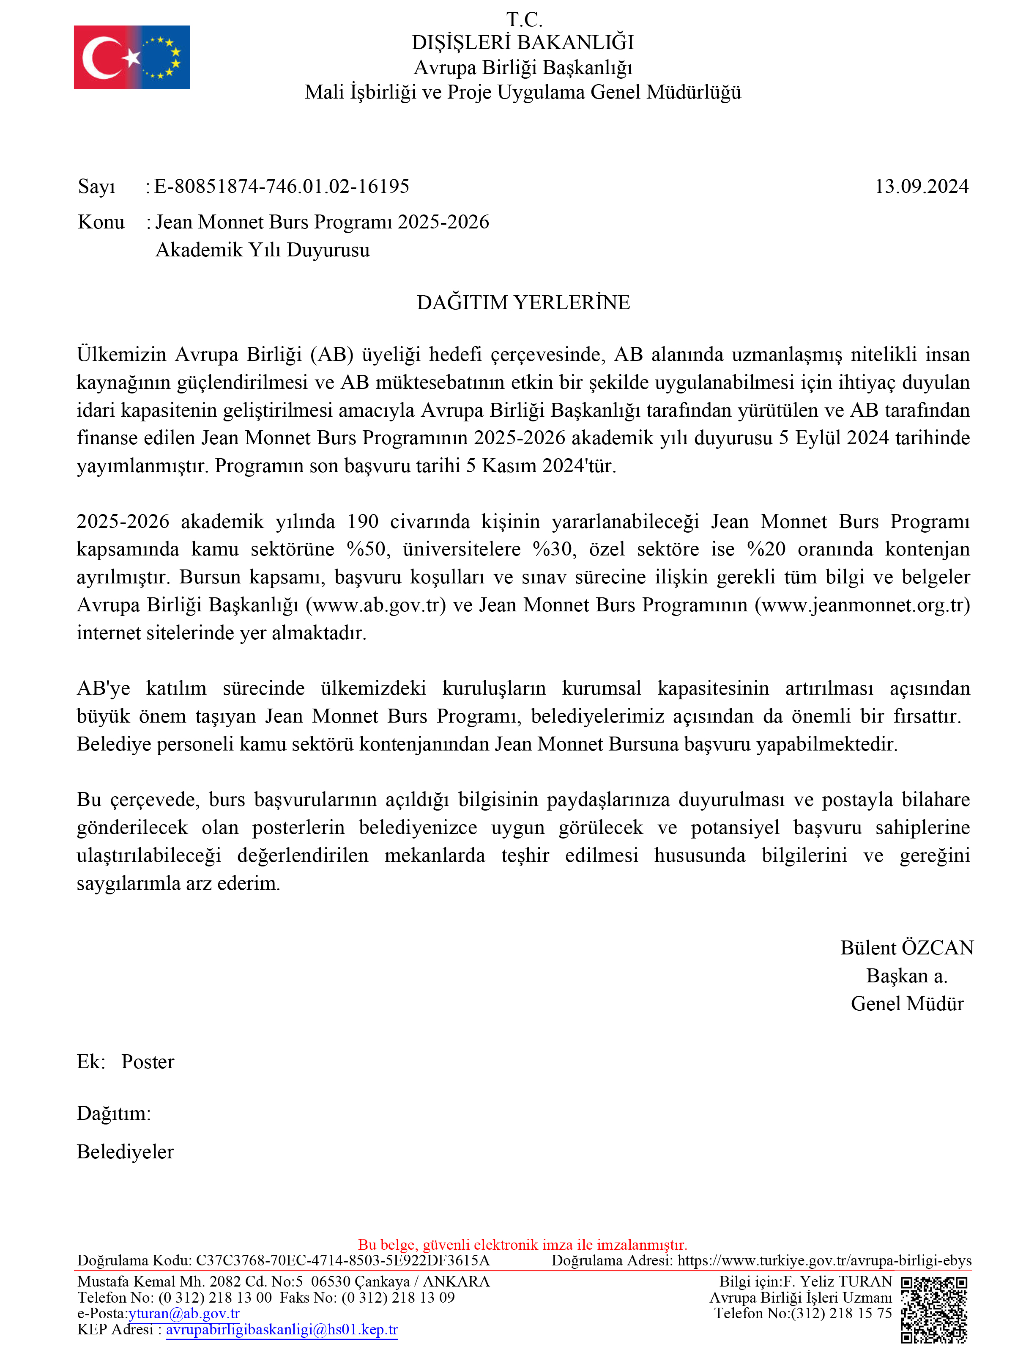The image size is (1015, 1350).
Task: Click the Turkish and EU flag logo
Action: click(132, 58)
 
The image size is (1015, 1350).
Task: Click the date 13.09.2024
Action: click(921, 186)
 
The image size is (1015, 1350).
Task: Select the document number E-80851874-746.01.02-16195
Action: click(282, 186)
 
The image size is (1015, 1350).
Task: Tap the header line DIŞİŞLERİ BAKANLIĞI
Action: click(523, 43)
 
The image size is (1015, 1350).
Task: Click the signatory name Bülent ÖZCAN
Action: click(906, 948)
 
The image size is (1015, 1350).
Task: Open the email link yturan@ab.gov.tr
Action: click(184, 1313)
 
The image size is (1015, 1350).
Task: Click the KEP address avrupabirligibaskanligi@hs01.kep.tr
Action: click(282, 1330)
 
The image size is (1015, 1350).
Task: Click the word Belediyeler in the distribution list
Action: click(125, 1152)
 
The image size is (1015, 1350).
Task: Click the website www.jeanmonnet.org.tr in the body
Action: click(862, 605)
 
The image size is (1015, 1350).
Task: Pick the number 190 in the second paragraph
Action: click(363, 522)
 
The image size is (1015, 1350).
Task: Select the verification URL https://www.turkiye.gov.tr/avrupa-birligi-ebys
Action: click(824, 1260)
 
